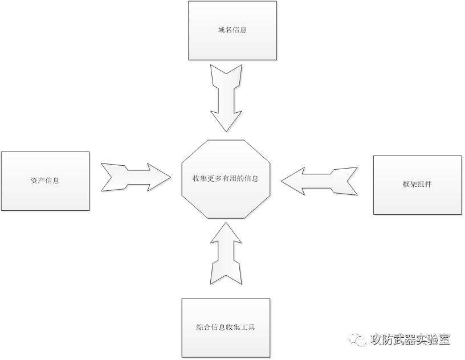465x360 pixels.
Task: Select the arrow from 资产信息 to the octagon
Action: [x=136, y=178]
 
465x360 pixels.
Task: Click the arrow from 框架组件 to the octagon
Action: [x=321, y=181]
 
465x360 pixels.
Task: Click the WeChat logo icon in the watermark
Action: [x=358, y=339]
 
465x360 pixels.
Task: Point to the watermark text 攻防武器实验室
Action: [x=410, y=339]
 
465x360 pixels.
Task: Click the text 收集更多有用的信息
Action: [x=226, y=178]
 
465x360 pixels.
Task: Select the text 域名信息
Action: [x=233, y=30]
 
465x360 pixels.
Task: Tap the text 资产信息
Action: [x=46, y=181]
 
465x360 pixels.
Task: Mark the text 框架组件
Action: [x=417, y=185]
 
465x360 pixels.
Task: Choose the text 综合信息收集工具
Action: [x=226, y=328]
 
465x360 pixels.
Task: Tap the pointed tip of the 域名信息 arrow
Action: [x=226, y=132]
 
